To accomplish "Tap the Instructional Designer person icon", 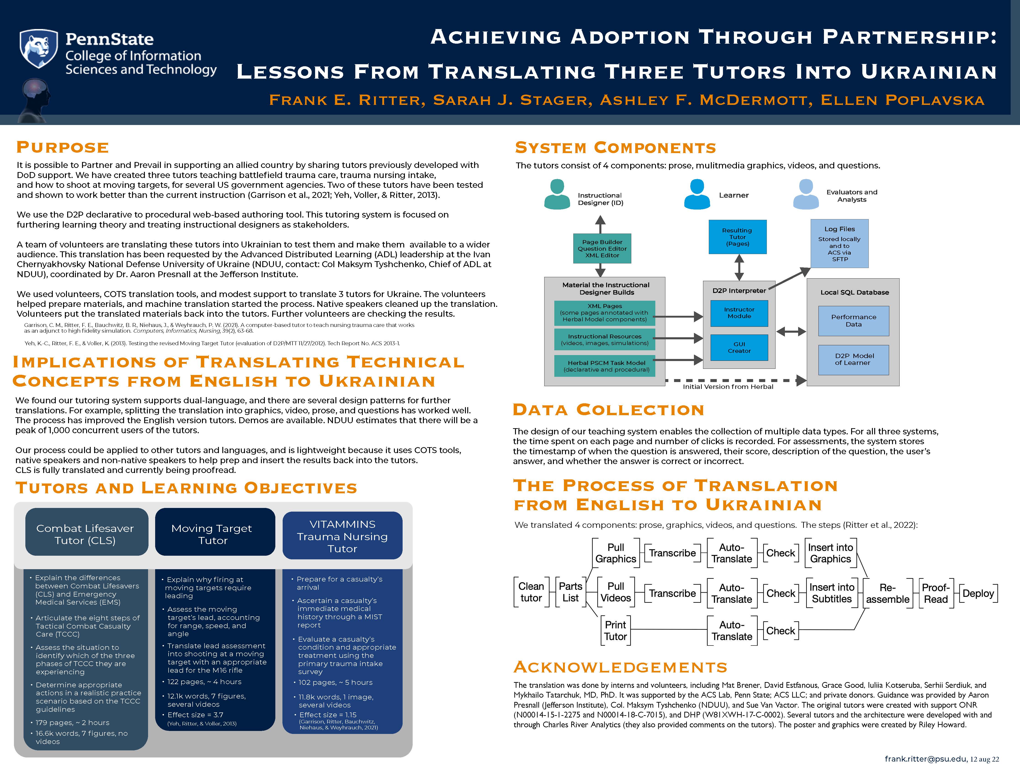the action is [x=557, y=195].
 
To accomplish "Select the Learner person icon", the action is [x=697, y=195].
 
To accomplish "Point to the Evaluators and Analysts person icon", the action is [x=806, y=195].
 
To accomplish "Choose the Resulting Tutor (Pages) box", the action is [x=737, y=237].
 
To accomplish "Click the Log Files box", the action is [x=839, y=244].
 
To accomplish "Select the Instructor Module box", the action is [x=739, y=313].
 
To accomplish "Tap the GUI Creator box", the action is [x=739, y=347].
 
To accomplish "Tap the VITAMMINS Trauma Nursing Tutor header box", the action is [x=342, y=536].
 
